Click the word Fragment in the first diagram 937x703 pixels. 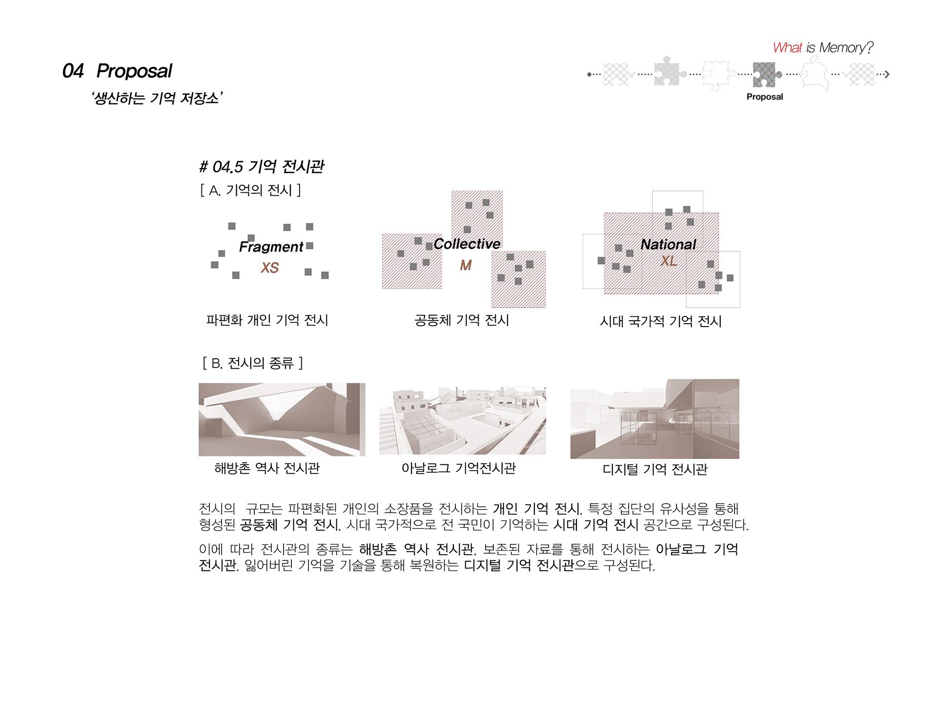pos(271,247)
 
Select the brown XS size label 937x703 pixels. pos(270,268)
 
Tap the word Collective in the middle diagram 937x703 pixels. pos(467,244)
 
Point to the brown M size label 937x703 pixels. pos(466,265)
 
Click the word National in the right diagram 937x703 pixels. pos(668,244)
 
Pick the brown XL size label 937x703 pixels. pos(669,261)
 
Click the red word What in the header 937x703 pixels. pos(787,47)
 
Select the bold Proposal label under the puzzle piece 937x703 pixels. pos(764,97)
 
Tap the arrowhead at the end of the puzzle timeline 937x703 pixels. pos(887,74)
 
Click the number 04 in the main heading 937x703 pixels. pos(73,71)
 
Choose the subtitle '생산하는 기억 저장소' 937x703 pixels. pos(157,98)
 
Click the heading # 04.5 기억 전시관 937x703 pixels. pos(262,166)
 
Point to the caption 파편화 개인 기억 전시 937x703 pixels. pos(267,320)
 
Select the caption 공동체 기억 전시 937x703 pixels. pos(462,320)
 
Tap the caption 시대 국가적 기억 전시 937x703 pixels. pos(661,321)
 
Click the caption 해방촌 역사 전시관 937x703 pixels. pos(267,468)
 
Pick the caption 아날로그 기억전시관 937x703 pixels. pos(458,468)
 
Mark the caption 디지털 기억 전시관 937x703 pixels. pos(655,469)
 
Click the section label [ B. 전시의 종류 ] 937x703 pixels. pos(252,363)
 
